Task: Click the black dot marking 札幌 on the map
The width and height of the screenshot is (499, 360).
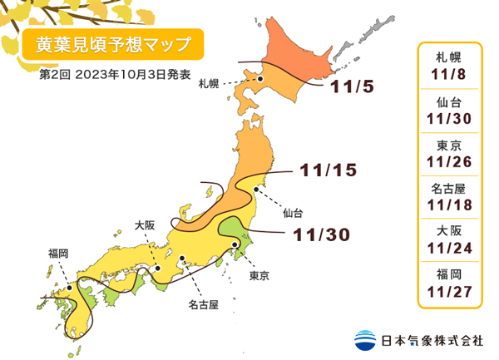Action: pos(260,79)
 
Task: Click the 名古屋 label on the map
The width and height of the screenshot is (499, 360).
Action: pos(202,305)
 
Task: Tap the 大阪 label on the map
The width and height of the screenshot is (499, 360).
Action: pos(145,224)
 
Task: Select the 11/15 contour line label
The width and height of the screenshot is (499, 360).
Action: pos(328,170)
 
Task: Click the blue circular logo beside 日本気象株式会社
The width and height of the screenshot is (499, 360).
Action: pos(364,339)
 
